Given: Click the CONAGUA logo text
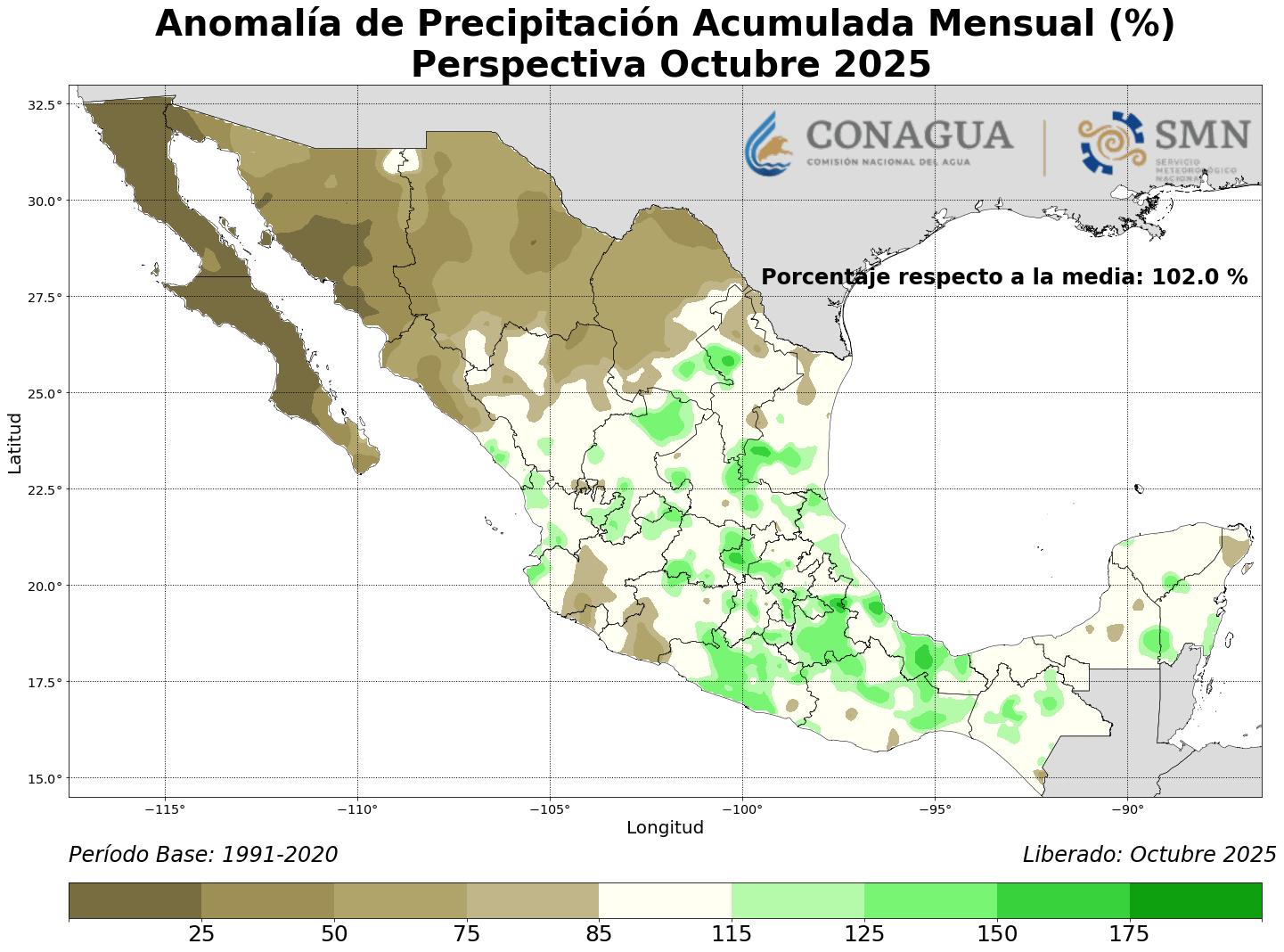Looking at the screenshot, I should (909, 136).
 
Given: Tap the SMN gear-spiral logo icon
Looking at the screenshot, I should (1110, 142).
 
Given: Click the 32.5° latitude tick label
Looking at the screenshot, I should (45, 104).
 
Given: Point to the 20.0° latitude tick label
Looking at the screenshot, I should (45, 586).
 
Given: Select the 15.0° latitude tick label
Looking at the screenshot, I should (45, 778).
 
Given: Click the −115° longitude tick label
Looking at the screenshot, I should (165, 809).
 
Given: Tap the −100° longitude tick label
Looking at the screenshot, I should (742, 809).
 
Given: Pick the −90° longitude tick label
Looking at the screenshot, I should (1127, 809).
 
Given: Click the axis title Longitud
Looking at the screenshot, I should (665, 828).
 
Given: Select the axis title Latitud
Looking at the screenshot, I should (15, 442).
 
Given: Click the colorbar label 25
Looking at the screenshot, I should (201, 934).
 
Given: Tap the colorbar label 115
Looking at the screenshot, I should (732, 934).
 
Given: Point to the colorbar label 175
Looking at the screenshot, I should (1129, 934).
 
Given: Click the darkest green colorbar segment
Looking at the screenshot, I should (1195, 900).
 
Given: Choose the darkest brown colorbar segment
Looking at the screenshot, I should (135, 900).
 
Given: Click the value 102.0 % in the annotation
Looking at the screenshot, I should (1199, 277).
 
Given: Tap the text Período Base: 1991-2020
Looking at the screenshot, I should (203, 855).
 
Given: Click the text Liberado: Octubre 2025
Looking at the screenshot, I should (1149, 855).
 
